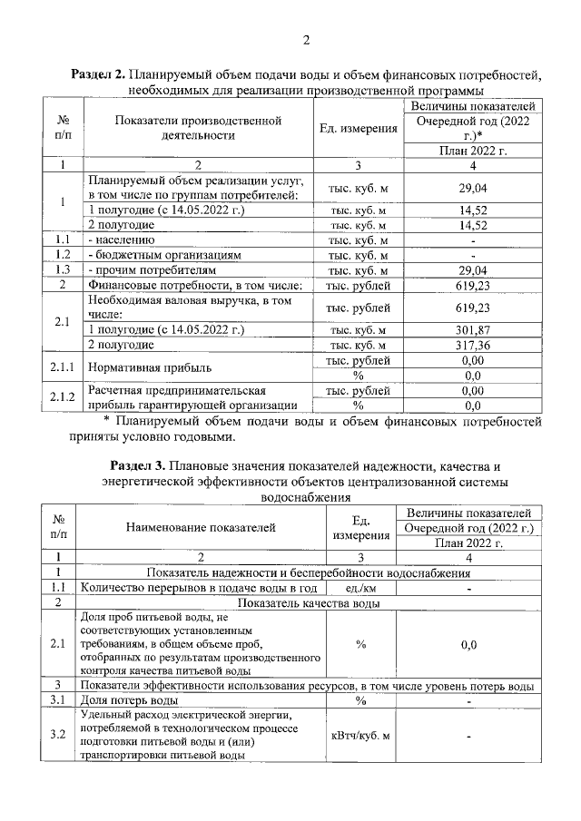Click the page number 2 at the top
tap(306, 40)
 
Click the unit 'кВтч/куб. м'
tap(360, 735)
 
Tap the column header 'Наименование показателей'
tap(201, 529)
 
